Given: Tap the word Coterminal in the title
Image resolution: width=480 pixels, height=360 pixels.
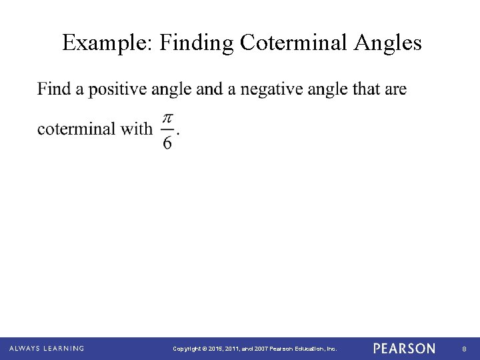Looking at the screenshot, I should click(295, 43).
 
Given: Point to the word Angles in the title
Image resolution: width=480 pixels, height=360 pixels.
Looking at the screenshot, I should click(390, 43).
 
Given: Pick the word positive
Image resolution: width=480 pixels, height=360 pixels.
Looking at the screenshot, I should click(117, 89).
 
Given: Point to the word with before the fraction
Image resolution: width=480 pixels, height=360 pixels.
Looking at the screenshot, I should click(137, 129).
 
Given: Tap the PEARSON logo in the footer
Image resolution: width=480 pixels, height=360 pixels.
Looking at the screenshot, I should click(405, 349).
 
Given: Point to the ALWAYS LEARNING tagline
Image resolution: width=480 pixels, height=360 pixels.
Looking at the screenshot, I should click(47, 349).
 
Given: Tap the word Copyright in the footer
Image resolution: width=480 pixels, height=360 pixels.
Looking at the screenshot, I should click(187, 349).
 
